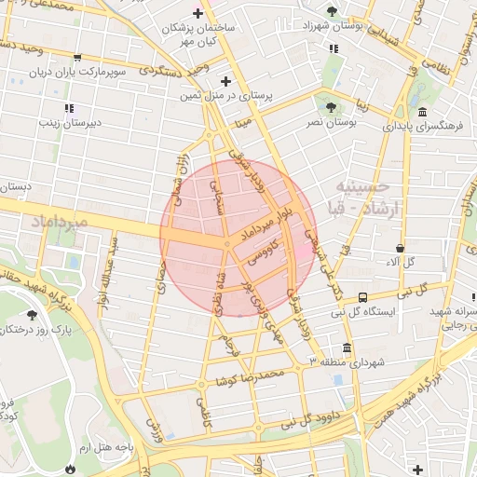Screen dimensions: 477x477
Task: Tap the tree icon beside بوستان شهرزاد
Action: (x=333, y=10)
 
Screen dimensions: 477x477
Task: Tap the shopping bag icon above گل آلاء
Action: (x=400, y=249)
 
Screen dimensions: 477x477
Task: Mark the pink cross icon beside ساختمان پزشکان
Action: (x=197, y=13)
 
